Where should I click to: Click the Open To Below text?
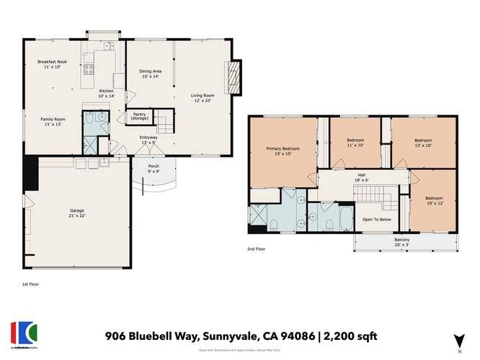tap(376, 219)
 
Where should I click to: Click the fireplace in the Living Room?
tap(233, 77)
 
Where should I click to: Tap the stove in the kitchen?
tap(90, 70)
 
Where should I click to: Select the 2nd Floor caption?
tap(255, 250)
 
